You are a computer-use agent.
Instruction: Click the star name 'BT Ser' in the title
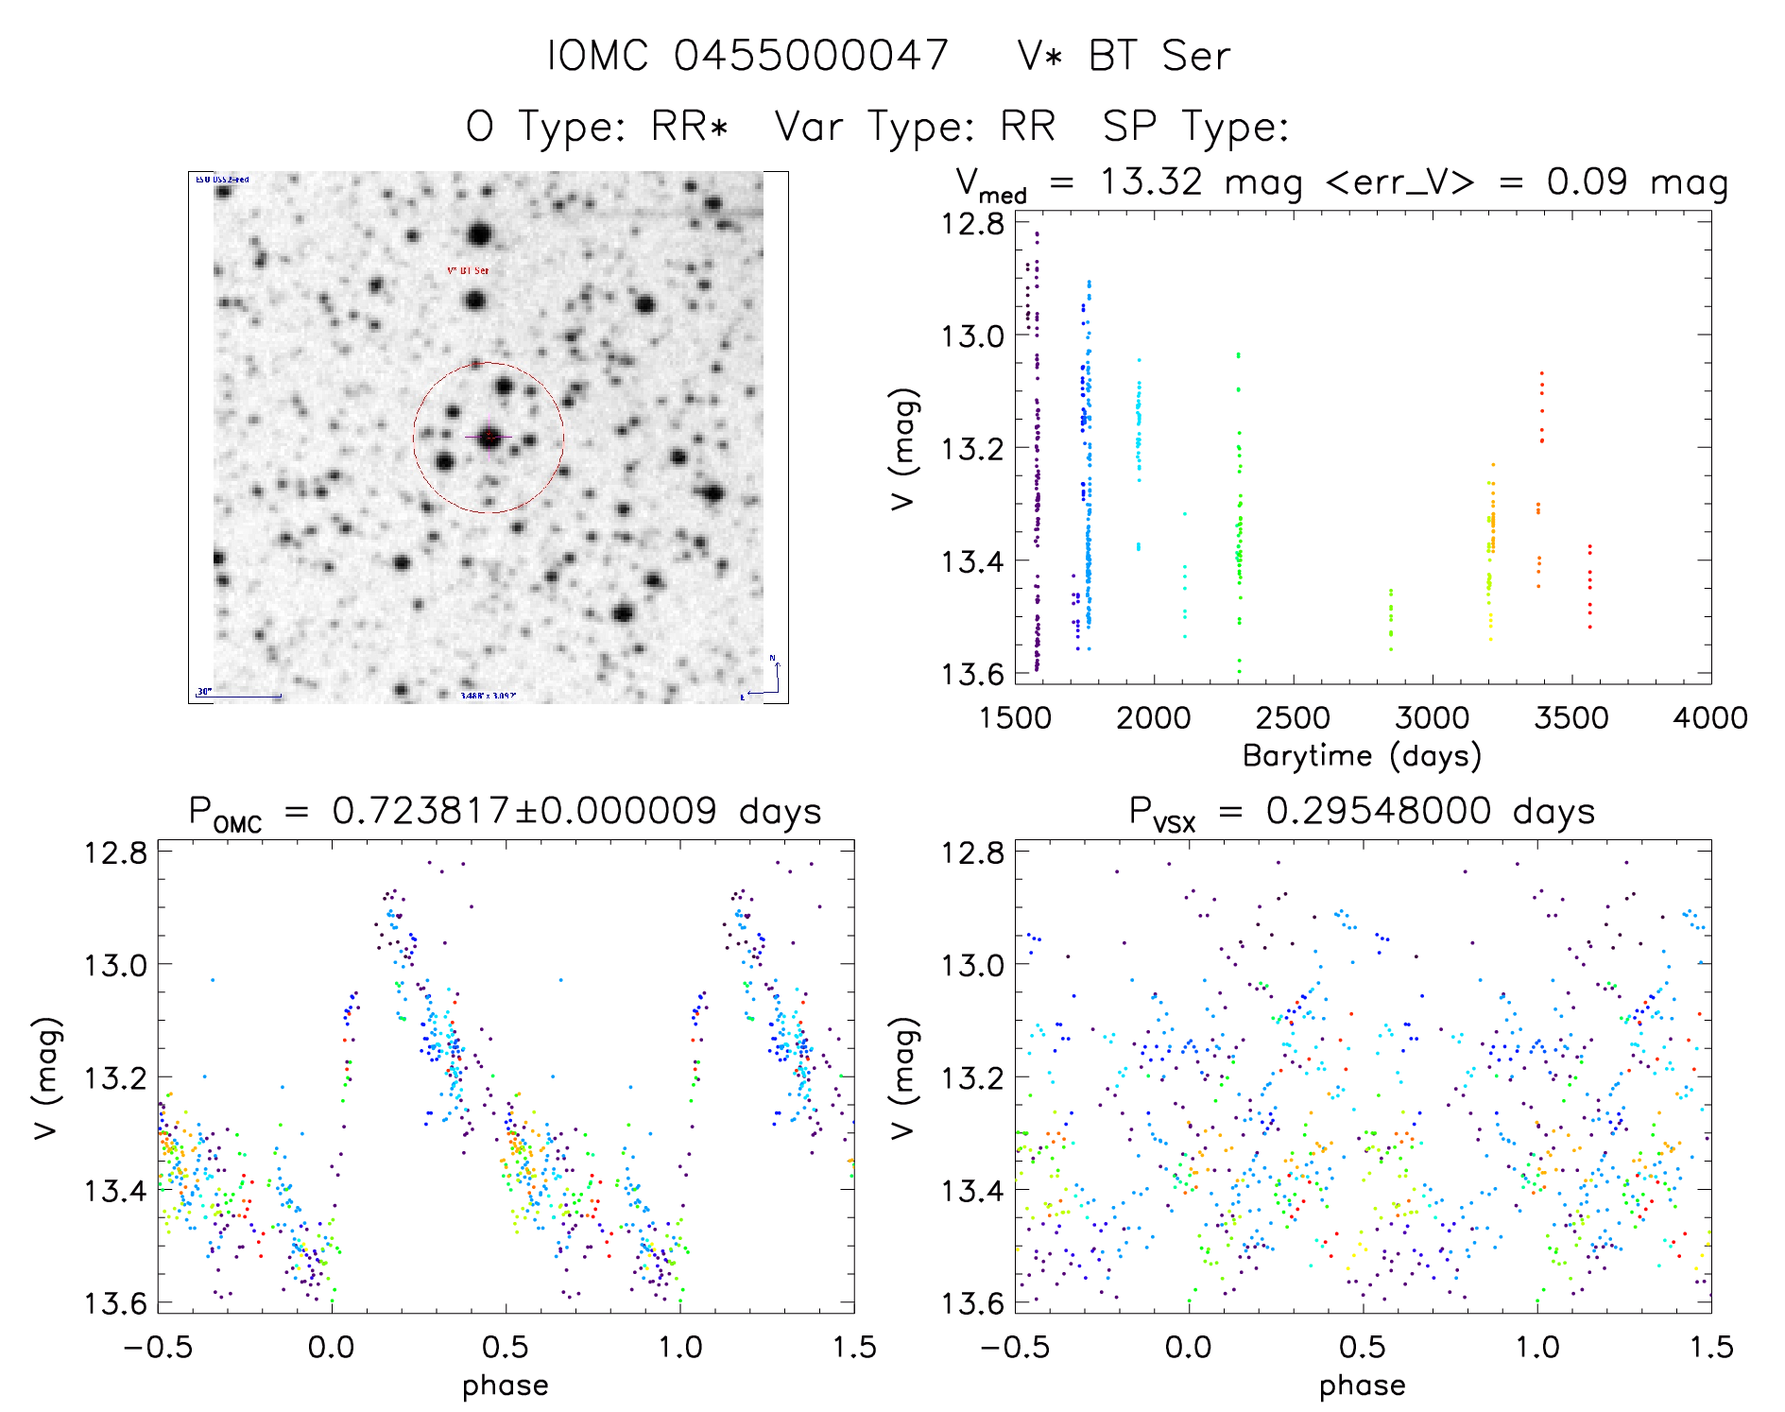click(x=1159, y=56)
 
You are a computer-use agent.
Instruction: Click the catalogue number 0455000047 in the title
click(x=811, y=56)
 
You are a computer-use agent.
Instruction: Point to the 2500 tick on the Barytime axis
click(x=1292, y=718)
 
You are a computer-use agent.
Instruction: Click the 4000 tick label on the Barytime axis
click(x=1709, y=718)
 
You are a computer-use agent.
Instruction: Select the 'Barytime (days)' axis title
click(x=1362, y=756)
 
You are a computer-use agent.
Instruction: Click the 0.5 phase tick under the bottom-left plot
click(x=506, y=1347)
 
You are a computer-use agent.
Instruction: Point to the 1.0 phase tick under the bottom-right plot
click(x=1537, y=1347)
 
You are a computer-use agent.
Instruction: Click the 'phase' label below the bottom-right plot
click(x=1362, y=1386)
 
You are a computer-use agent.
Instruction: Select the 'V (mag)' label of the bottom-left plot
click(x=47, y=1077)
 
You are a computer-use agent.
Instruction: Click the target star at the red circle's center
click(x=489, y=438)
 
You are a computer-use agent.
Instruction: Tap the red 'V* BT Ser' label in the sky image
click(x=468, y=270)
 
